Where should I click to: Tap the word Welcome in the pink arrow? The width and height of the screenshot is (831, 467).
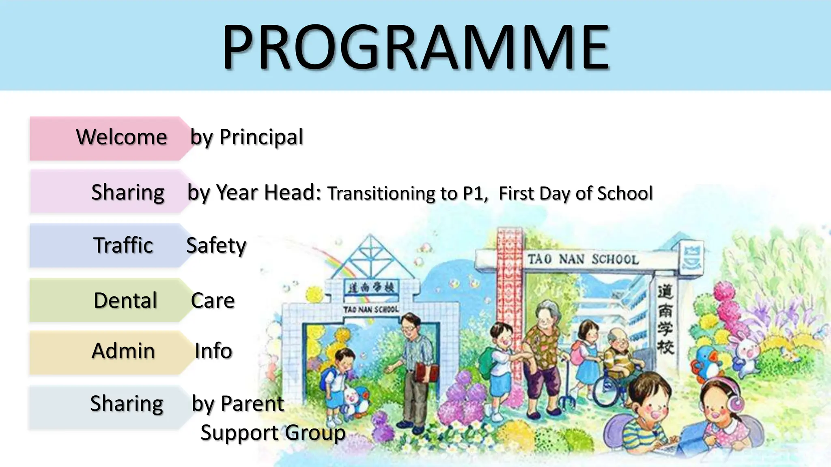coord(122,137)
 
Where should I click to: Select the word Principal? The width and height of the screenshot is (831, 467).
coord(261,137)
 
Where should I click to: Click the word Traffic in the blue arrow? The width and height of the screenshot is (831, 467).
coord(123,245)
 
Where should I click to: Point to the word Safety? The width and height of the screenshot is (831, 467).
coord(216,246)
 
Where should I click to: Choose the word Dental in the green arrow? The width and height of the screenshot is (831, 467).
coord(125,300)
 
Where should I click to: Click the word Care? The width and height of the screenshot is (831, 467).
coord(213,300)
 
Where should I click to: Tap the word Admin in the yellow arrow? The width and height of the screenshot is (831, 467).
coord(123,351)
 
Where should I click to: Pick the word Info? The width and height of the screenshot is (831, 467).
coord(213,351)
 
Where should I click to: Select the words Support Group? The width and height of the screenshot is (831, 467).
coord(273,433)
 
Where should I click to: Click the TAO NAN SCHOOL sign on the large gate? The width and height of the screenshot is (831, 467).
coord(583,259)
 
